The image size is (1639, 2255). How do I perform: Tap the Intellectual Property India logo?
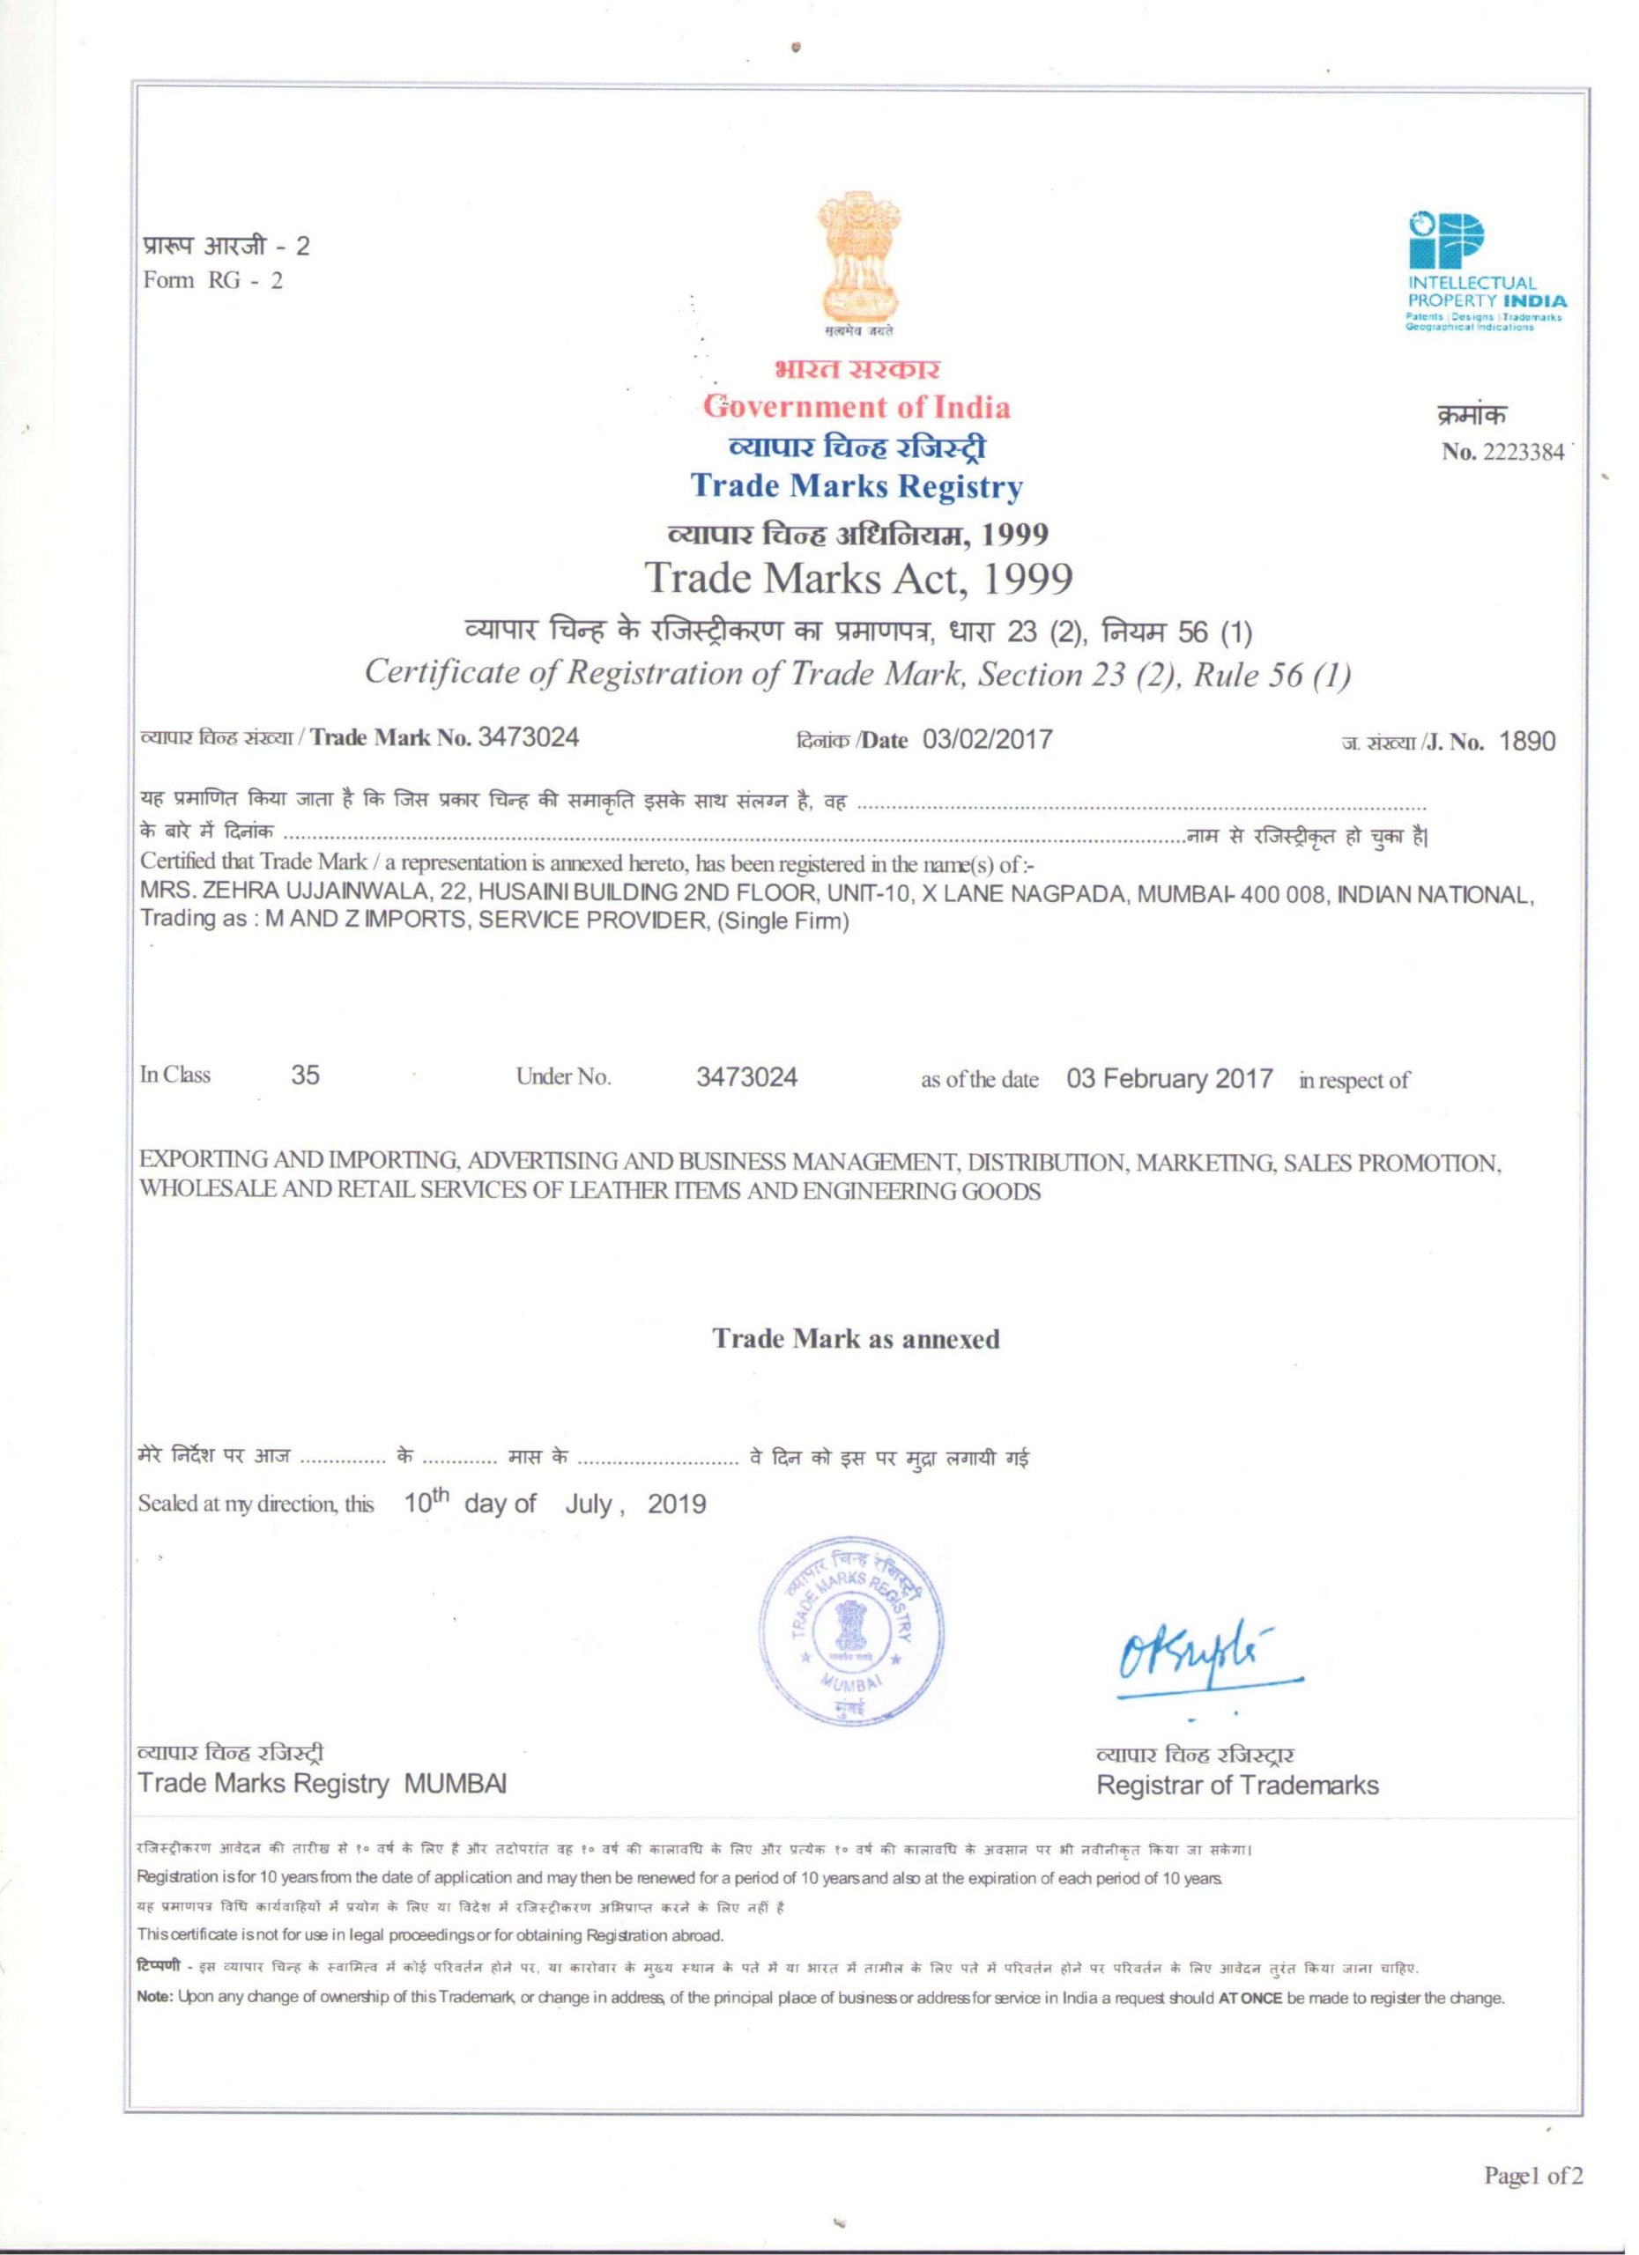click(1486, 273)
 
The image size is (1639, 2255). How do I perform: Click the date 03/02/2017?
click(987, 740)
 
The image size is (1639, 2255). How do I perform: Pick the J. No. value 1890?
click(1526, 741)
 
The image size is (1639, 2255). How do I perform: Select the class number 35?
click(305, 1076)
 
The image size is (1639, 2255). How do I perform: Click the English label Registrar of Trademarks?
click(1237, 1786)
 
